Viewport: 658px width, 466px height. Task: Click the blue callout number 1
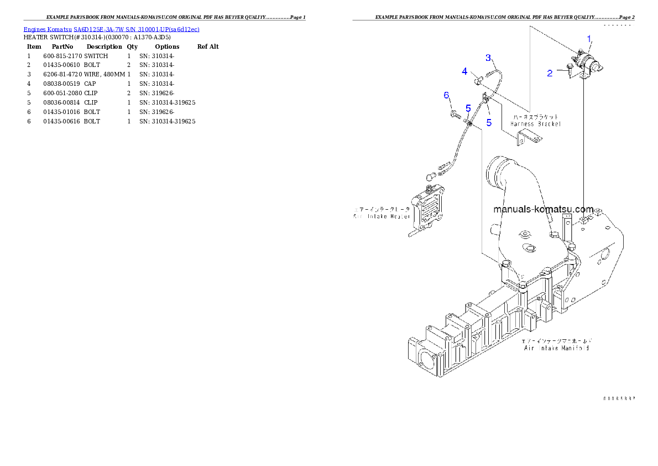tap(589, 38)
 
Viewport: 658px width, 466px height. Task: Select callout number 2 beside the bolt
tap(550, 73)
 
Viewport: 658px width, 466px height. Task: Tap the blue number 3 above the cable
tap(488, 57)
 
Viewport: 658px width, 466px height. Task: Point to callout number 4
tap(465, 71)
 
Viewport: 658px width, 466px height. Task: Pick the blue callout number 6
tap(447, 95)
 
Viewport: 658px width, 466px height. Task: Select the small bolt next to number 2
tap(568, 70)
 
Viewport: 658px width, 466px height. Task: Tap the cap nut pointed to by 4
tap(478, 82)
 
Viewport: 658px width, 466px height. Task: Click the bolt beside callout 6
tap(455, 115)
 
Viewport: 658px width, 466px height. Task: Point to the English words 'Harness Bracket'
tap(536, 125)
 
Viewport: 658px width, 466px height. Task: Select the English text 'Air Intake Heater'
tap(382, 216)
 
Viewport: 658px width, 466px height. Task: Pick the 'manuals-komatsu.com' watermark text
tap(543, 210)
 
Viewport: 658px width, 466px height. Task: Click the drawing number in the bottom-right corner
tap(619, 398)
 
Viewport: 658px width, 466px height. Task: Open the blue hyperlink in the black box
tap(111, 29)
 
